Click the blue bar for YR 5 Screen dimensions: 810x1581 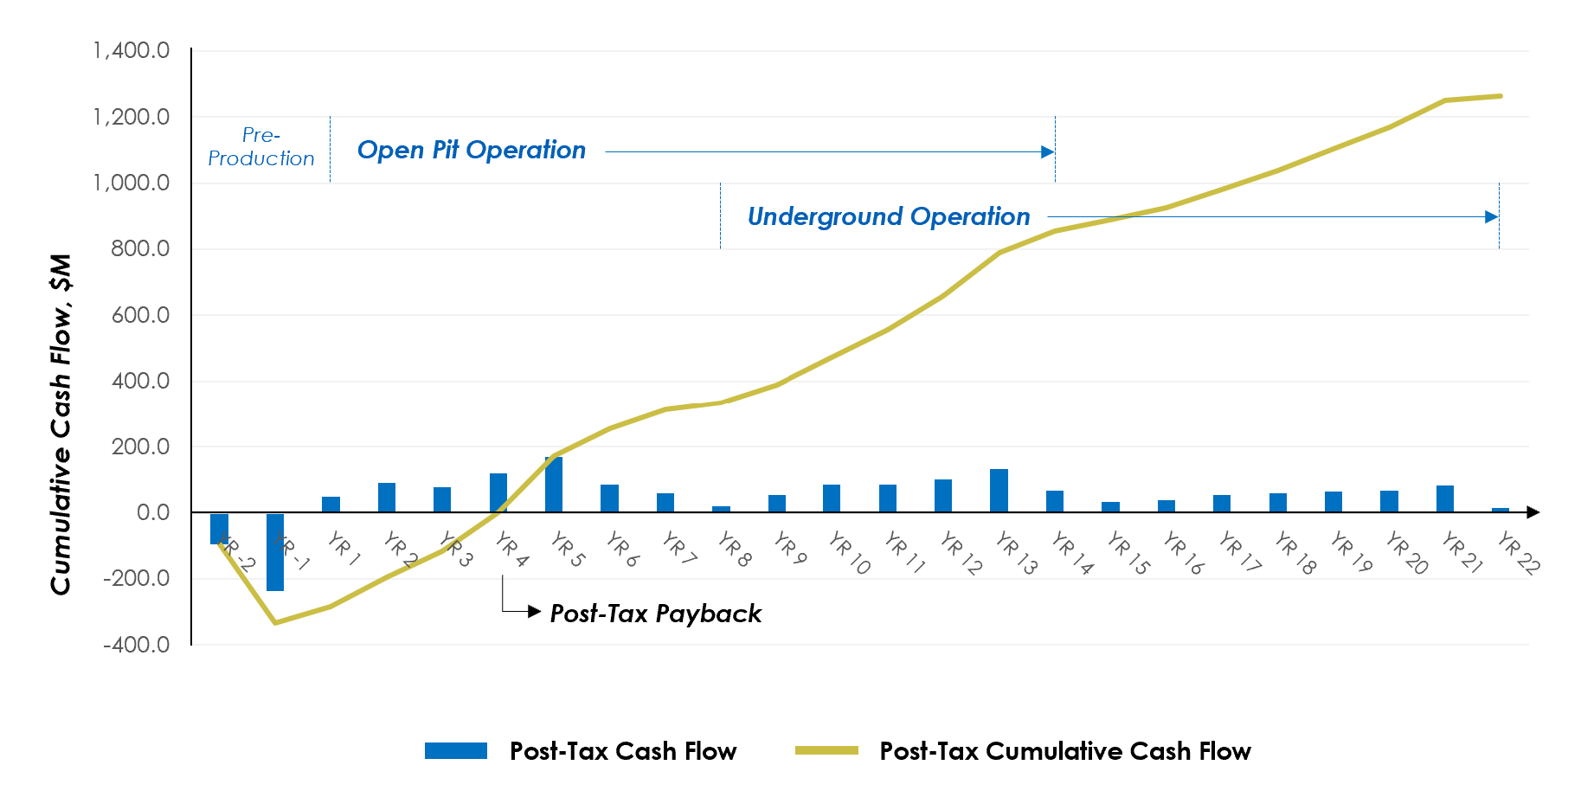pyautogui.click(x=554, y=485)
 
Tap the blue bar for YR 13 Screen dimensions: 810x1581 pyautogui.click(x=999, y=491)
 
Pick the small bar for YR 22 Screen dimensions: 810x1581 pyautogui.click(x=1501, y=510)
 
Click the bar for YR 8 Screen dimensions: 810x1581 pyautogui.click(x=721, y=509)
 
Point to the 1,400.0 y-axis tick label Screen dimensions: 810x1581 pyautogui.click(x=132, y=51)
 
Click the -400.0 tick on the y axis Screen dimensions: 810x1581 pyautogui.click(x=136, y=645)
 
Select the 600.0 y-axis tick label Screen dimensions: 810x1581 pyautogui.click(x=140, y=315)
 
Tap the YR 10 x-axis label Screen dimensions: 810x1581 pyautogui.click(x=849, y=554)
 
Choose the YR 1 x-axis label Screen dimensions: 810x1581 pyautogui.click(x=344, y=550)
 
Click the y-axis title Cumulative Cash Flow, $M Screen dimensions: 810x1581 pyautogui.click(x=61, y=424)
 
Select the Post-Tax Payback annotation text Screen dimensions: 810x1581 pyautogui.click(x=655, y=614)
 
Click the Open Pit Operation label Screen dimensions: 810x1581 pyautogui.click(x=472, y=151)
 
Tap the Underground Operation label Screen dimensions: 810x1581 pyautogui.click(x=889, y=216)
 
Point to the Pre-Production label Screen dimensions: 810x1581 pyautogui.click(x=261, y=147)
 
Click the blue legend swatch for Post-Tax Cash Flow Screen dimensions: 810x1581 pyautogui.click(x=456, y=751)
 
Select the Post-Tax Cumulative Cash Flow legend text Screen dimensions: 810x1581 pyautogui.click(x=1065, y=751)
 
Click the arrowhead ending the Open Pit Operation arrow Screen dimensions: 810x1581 pyautogui.click(x=1048, y=152)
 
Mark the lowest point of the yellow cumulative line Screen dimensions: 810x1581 pyautogui.click(x=275, y=622)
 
